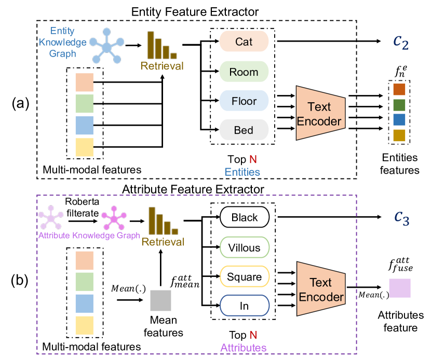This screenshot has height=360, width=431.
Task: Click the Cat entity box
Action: [x=244, y=42]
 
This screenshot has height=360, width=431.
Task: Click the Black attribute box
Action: [x=244, y=218]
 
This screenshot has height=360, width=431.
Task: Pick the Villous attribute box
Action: [x=244, y=247]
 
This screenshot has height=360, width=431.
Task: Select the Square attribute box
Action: [x=244, y=276]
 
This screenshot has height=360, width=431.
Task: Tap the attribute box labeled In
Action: [x=244, y=306]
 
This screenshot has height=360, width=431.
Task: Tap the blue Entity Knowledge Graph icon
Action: [x=106, y=48]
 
